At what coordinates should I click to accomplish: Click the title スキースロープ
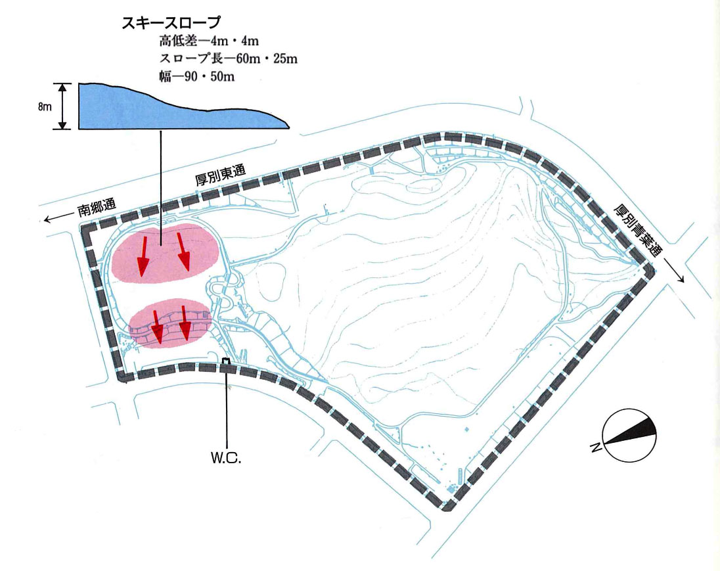171,23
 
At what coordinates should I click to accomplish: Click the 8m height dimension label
45,107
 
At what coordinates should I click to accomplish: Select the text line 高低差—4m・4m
209,41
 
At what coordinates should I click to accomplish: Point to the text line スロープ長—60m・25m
228,58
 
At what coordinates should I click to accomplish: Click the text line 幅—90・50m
196,76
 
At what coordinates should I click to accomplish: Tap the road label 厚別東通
221,175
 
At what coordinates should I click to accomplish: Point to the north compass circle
629,436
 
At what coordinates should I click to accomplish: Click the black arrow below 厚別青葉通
673,271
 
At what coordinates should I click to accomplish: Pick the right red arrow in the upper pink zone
182,253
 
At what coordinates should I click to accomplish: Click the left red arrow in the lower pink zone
156,327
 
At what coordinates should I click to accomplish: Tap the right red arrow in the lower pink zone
185,325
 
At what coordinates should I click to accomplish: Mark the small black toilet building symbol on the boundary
225,361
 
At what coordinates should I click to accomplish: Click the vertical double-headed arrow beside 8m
63,106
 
